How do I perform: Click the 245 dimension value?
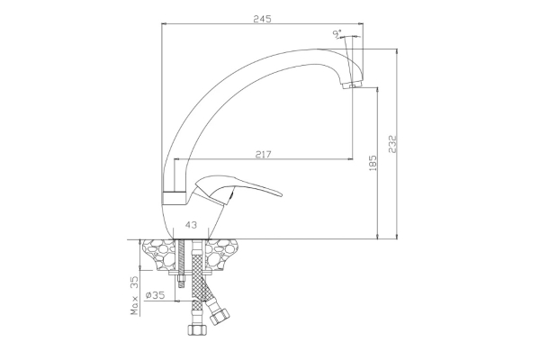pos(263,19)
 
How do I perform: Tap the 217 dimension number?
pos(263,154)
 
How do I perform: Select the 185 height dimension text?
pos(373,163)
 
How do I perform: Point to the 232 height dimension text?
pos(393,144)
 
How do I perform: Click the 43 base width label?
pos(191,225)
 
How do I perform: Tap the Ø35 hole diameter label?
pos(155,295)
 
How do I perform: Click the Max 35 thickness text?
pos(135,295)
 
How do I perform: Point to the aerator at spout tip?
pos(352,85)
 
